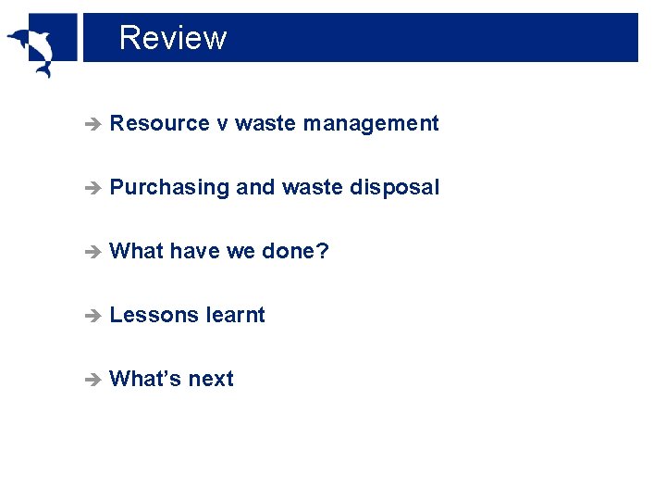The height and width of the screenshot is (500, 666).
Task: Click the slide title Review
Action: [x=173, y=38]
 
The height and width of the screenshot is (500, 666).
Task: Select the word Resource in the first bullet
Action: [x=159, y=123]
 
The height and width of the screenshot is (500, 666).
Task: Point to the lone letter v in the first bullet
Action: [x=222, y=124]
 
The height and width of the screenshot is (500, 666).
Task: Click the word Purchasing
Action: [x=168, y=188]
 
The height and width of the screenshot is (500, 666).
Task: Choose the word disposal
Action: [x=395, y=187]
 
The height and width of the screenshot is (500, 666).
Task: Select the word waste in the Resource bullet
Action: [x=265, y=123]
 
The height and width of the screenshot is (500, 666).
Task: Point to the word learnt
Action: [x=235, y=315]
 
